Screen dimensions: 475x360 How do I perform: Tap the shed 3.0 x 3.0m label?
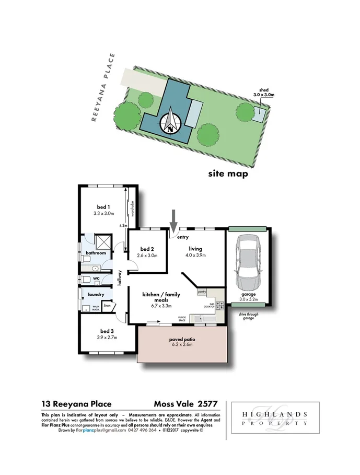(262, 93)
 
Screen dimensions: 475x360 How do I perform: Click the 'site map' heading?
(227, 174)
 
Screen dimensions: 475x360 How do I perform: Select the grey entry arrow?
(175, 216)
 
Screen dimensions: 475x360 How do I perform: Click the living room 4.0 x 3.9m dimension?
(196, 255)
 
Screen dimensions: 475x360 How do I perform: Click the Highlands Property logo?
(275, 418)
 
